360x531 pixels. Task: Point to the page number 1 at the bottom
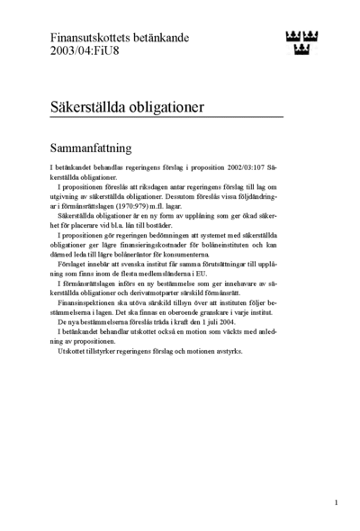click(x=336, y=502)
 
